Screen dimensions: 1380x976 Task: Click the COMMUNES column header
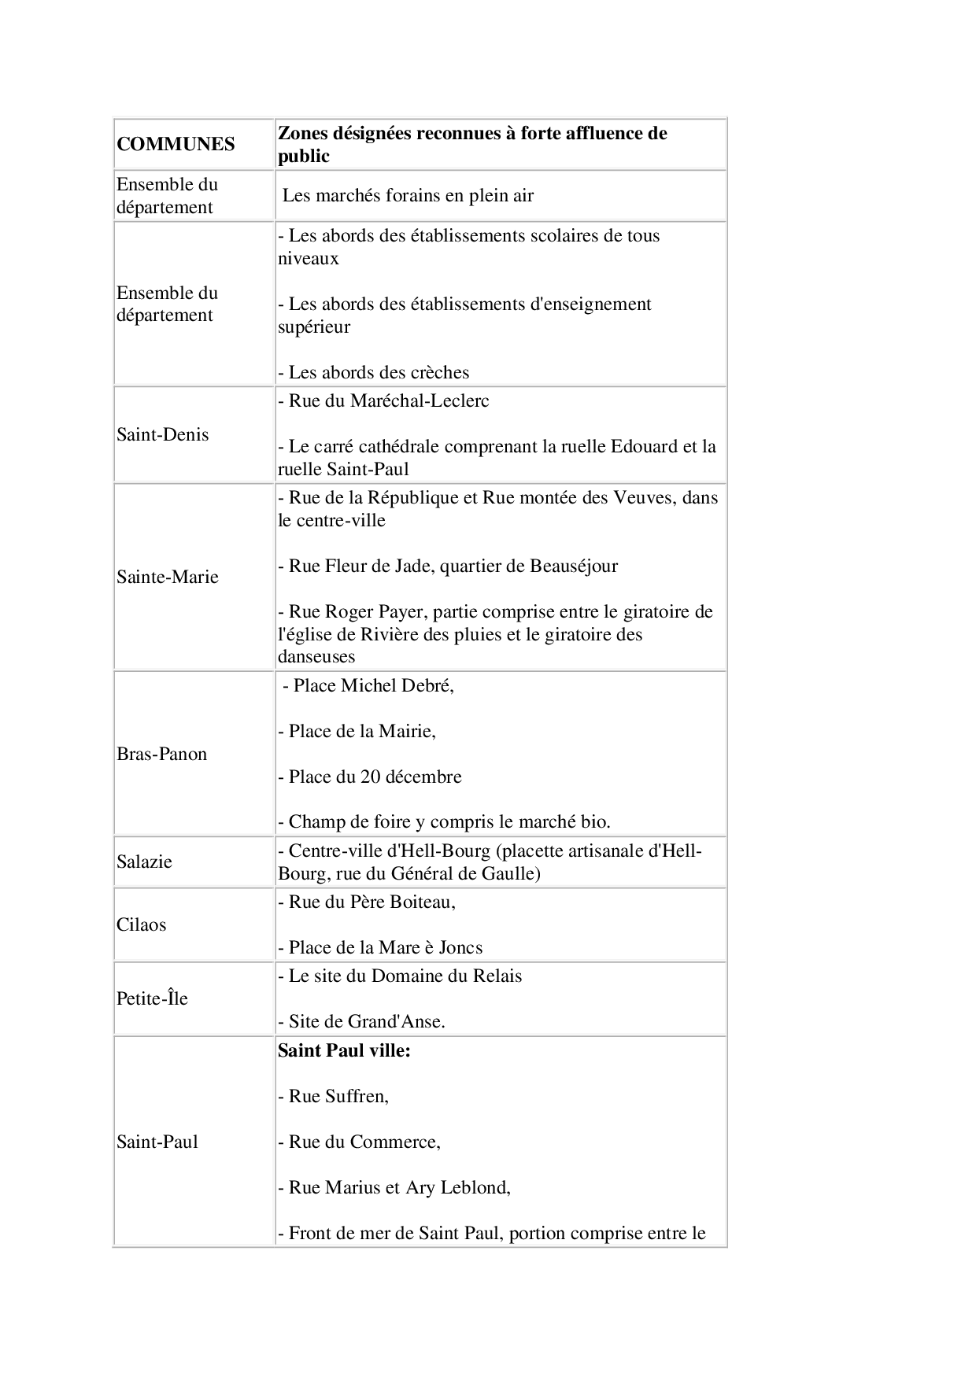(x=176, y=144)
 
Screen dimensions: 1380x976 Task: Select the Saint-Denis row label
(x=163, y=434)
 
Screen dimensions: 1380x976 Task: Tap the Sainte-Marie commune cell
(x=168, y=577)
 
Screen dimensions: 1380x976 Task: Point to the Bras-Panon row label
(x=162, y=754)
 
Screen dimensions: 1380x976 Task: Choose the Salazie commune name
(x=144, y=862)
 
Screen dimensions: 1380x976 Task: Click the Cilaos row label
(x=142, y=924)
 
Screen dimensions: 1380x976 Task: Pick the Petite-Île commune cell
(x=153, y=998)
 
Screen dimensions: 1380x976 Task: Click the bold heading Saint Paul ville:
(x=344, y=1050)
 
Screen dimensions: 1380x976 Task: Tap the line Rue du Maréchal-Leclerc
(x=383, y=400)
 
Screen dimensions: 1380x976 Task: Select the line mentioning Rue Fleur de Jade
(x=448, y=566)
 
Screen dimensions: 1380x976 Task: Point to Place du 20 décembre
(x=370, y=777)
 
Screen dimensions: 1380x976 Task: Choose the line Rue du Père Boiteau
(x=367, y=902)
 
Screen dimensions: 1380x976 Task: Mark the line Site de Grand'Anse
(x=361, y=1021)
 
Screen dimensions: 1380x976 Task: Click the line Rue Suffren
(x=334, y=1096)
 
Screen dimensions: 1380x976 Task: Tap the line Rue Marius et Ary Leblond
(x=394, y=1187)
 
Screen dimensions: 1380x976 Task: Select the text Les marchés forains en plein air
(x=408, y=195)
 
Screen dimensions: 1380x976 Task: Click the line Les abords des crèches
(x=374, y=372)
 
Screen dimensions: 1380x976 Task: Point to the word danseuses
(x=316, y=656)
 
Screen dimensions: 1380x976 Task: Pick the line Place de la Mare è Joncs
(x=380, y=947)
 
